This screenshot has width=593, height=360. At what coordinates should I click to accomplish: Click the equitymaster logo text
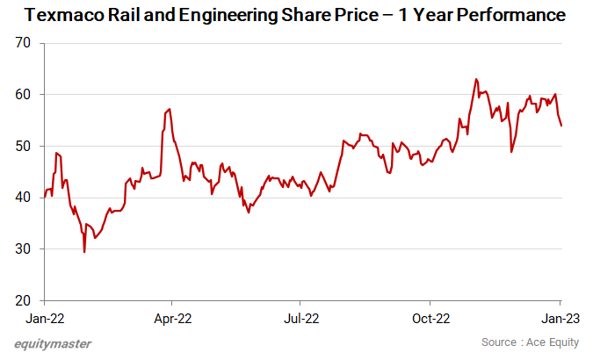53,343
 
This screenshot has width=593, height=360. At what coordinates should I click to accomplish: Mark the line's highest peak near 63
475,79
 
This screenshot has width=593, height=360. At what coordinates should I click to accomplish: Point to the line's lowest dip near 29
84,252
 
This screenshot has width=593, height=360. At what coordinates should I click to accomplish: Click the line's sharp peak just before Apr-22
169,109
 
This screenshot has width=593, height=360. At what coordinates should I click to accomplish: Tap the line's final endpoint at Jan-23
561,126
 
